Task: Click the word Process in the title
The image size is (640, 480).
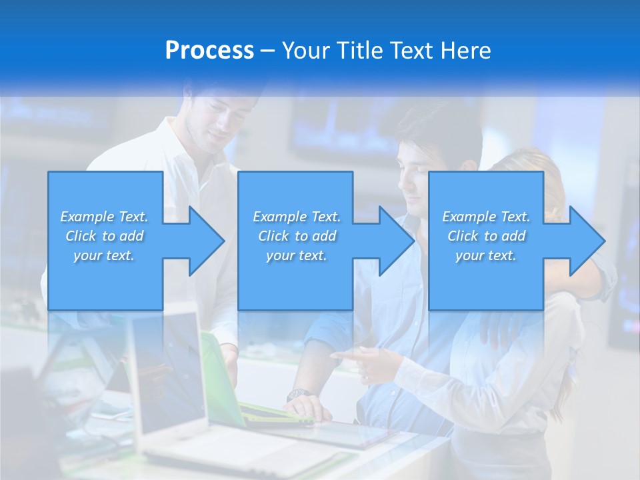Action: click(209, 51)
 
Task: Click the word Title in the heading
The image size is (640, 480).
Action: click(359, 51)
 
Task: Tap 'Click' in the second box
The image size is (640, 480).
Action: click(272, 236)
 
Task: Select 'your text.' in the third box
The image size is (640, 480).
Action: click(485, 255)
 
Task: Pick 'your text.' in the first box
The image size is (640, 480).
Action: click(104, 255)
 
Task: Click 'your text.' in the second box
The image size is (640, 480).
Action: click(296, 255)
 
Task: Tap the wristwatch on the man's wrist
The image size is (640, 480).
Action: click(297, 395)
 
